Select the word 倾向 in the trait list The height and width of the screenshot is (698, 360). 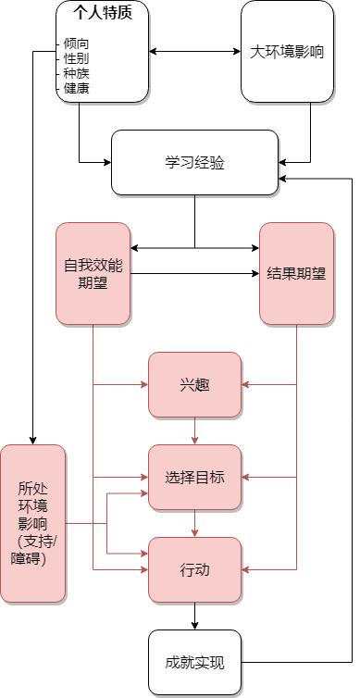coord(77,44)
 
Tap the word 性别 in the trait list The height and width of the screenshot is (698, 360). coord(77,58)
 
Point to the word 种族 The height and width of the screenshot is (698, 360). coord(77,73)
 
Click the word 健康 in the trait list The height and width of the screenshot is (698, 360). coord(77,89)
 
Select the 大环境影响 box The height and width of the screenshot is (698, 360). coord(287,52)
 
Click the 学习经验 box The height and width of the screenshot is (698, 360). coord(194,163)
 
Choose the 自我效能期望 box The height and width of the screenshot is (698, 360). coord(93,273)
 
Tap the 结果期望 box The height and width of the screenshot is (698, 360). coord(296,273)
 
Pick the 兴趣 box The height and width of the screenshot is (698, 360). coord(194,384)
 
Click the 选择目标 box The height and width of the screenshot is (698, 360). coord(194,477)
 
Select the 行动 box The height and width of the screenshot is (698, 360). coord(194,569)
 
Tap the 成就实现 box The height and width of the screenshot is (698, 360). coord(194,662)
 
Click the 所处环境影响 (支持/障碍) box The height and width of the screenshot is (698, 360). coord(33,523)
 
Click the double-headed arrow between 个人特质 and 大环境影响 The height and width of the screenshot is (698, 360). coord(194,51)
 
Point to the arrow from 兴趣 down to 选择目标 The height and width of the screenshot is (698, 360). coord(194,430)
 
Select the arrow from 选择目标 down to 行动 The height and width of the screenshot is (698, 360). coord(194,523)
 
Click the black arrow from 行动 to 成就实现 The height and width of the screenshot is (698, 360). coord(194,616)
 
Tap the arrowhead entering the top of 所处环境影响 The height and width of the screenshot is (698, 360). coord(33,440)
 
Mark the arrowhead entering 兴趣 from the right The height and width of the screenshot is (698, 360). coord(246,384)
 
